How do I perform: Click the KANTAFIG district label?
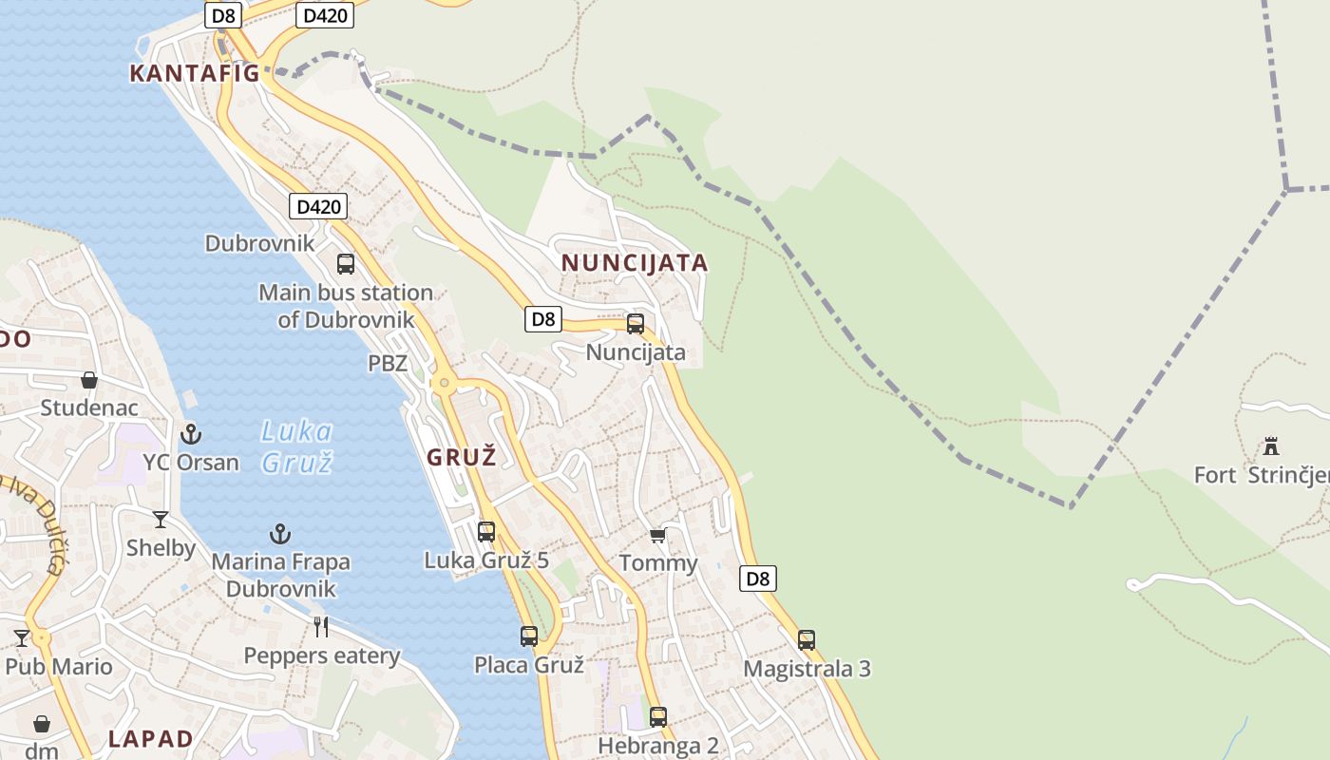pos(194,73)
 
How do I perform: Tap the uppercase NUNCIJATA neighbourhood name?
pos(635,263)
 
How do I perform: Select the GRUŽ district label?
pos(462,457)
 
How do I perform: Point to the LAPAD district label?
pos(150,739)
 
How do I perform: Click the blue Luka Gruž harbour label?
pos(296,447)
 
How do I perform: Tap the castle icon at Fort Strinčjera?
pos(1270,446)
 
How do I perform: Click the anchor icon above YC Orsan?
pos(191,434)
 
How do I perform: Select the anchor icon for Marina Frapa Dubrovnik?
pos(279,534)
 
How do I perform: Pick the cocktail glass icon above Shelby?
pos(161,520)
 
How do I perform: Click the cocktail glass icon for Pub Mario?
pos(22,637)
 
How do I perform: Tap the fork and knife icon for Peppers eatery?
pos(321,627)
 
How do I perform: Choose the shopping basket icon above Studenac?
pos(89,380)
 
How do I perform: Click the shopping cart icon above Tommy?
pos(657,536)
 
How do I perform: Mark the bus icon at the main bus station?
pos(346,264)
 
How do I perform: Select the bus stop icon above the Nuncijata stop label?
pos(636,324)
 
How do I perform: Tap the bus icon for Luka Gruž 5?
pos(486,532)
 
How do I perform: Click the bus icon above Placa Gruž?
pos(529,636)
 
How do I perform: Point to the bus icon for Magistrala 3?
pos(807,640)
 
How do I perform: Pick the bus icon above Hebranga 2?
pos(658,717)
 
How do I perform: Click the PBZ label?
pos(388,363)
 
